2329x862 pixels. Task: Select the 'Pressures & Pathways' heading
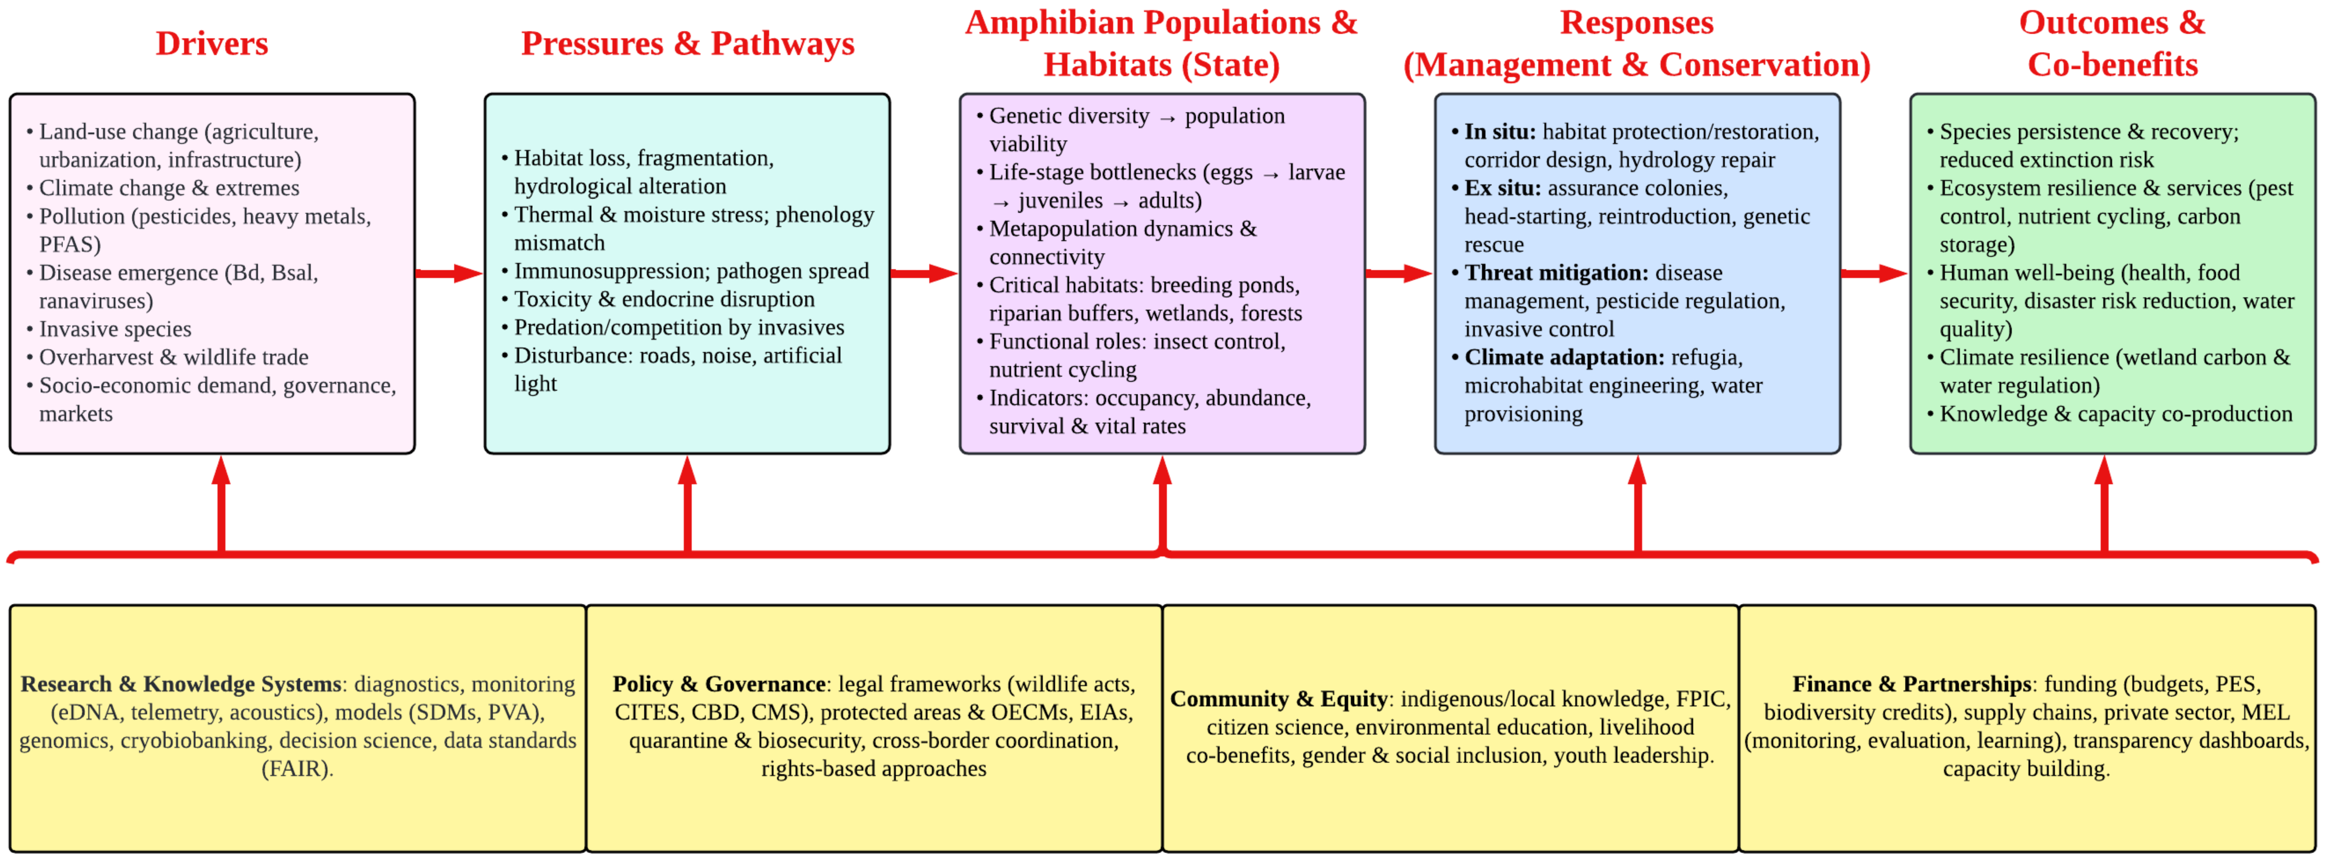click(x=687, y=43)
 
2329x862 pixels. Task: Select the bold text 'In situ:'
click(x=1499, y=132)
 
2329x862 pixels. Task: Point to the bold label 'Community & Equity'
click(x=1278, y=699)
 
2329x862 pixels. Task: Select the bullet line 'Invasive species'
click(x=115, y=329)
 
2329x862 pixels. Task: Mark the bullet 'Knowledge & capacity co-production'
click(x=2116, y=414)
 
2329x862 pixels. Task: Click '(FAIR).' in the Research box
click(x=298, y=769)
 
